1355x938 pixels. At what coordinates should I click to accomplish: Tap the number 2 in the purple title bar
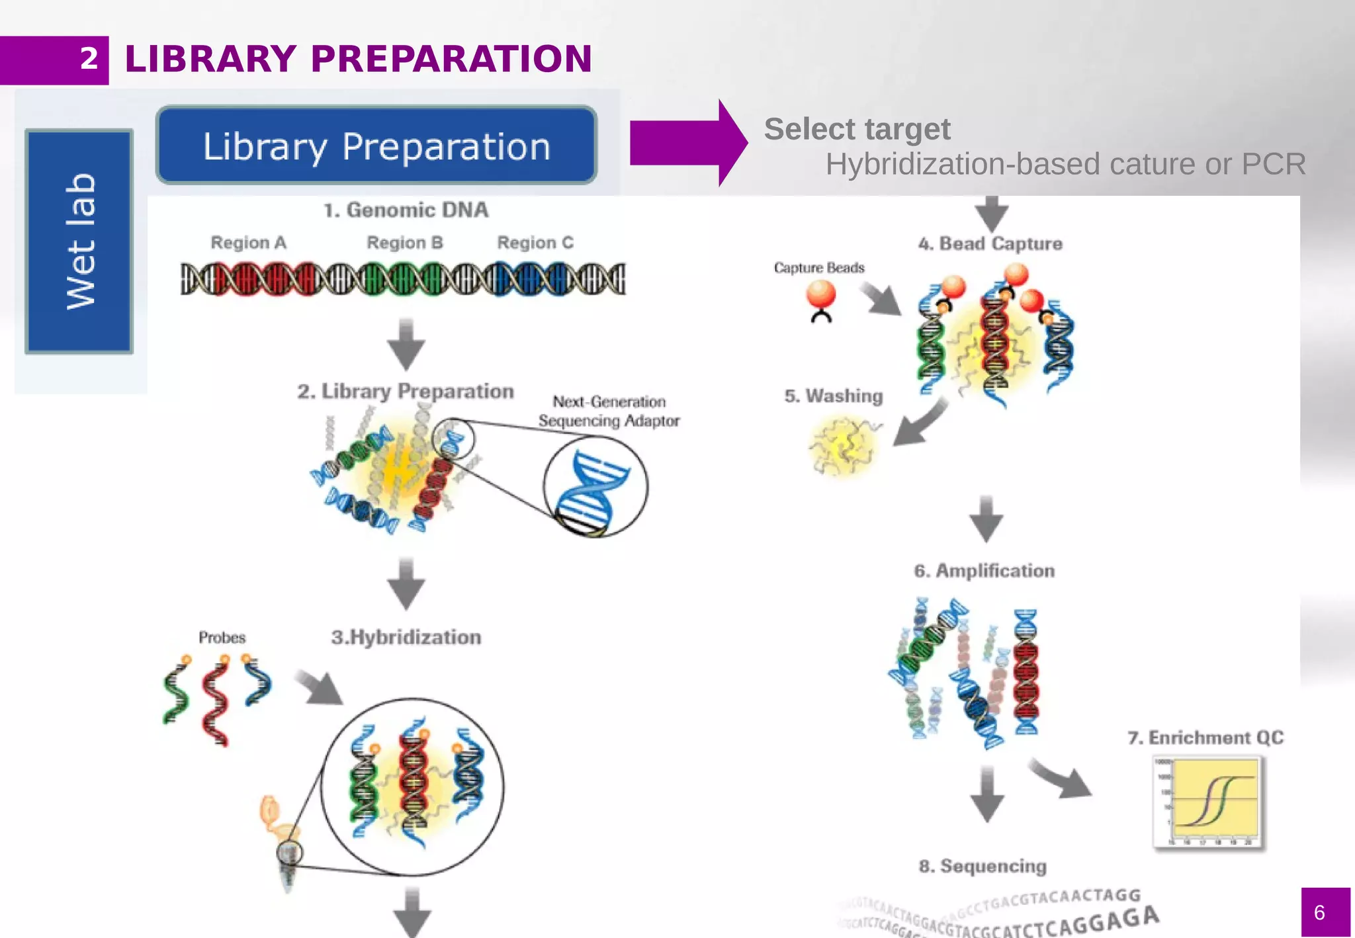coord(89,60)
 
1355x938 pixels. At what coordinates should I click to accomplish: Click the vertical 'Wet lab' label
coord(79,241)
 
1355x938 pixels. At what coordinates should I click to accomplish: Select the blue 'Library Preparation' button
coord(376,146)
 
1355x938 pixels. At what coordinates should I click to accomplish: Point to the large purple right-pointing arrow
coord(688,143)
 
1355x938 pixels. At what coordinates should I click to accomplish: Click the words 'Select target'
coord(857,129)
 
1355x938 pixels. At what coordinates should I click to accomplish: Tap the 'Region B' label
coord(405,243)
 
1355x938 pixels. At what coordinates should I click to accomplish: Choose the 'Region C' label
coord(535,243)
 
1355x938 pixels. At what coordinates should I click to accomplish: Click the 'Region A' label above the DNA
coord(248,243)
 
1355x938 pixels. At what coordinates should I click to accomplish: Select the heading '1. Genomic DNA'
coord(406,210)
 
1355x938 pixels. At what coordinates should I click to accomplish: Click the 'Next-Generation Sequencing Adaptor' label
coord(609,411)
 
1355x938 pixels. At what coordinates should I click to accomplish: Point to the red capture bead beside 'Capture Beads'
coord(821,294)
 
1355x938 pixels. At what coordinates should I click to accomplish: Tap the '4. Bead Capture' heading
coord(990,243)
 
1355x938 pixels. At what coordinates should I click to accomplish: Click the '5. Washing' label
coord(834,396)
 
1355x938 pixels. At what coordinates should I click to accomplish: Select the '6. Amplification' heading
coord(984,571)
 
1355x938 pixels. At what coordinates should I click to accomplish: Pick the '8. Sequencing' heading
coord(983,866)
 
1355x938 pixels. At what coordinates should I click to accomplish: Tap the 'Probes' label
coord(222,638)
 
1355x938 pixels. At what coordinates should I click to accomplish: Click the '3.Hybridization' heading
coord(406,638)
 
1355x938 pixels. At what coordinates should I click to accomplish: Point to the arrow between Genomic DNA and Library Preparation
coord(406,343)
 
